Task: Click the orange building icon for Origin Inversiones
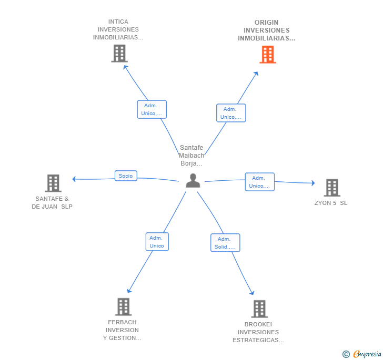268,55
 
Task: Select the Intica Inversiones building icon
119,54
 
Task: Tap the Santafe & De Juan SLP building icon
53,183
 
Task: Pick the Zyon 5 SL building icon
331,187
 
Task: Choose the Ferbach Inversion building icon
123,306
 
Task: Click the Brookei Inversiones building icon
259,308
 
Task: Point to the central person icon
193,181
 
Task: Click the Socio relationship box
126,176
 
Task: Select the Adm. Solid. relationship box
225,243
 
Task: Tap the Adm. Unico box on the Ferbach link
157,242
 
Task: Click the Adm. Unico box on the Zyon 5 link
259,182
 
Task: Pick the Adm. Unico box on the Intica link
152,109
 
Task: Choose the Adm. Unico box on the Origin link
231,113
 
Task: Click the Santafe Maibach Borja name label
191,156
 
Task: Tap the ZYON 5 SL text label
331,203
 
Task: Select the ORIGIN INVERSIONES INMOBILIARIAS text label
266,30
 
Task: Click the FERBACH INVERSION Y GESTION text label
122,330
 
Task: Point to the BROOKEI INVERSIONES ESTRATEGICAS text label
258,332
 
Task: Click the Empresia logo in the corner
362,354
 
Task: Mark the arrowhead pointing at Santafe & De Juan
74,179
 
